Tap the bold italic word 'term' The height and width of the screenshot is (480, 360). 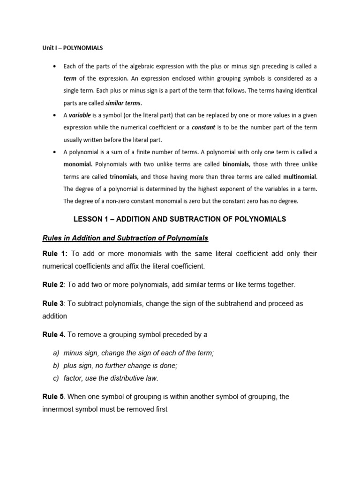70,78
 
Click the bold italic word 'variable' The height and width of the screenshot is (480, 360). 80,115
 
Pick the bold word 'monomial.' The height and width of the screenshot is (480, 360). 78,165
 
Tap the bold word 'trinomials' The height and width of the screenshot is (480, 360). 123,177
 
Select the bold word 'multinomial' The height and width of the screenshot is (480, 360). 300,177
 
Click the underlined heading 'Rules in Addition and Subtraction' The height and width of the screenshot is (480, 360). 125,238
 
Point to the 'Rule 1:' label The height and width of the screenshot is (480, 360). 55,254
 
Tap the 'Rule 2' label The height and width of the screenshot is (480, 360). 53,285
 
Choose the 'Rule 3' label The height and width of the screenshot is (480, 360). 53,303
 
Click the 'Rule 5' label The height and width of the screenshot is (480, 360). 53,397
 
